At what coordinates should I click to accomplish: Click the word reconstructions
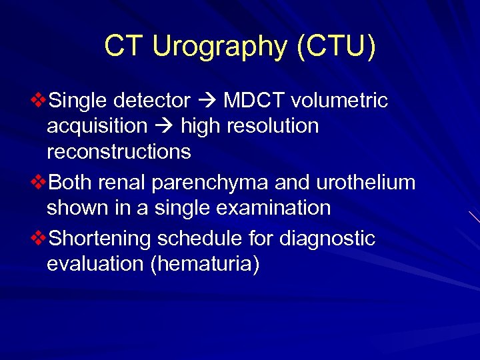click(119, 151)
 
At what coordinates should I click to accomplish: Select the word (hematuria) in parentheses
click(205, 263)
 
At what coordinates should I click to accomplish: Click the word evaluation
click(95, 263)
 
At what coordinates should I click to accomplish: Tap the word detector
click(152, 101)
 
